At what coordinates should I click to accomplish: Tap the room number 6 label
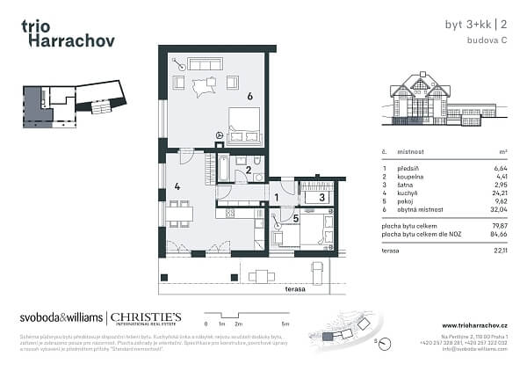(x=249, y=96)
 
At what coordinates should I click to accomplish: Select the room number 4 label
(x=177, y=185)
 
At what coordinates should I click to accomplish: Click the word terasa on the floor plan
(x=294, y=288)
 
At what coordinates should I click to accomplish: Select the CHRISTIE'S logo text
(x=145, y=317)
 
